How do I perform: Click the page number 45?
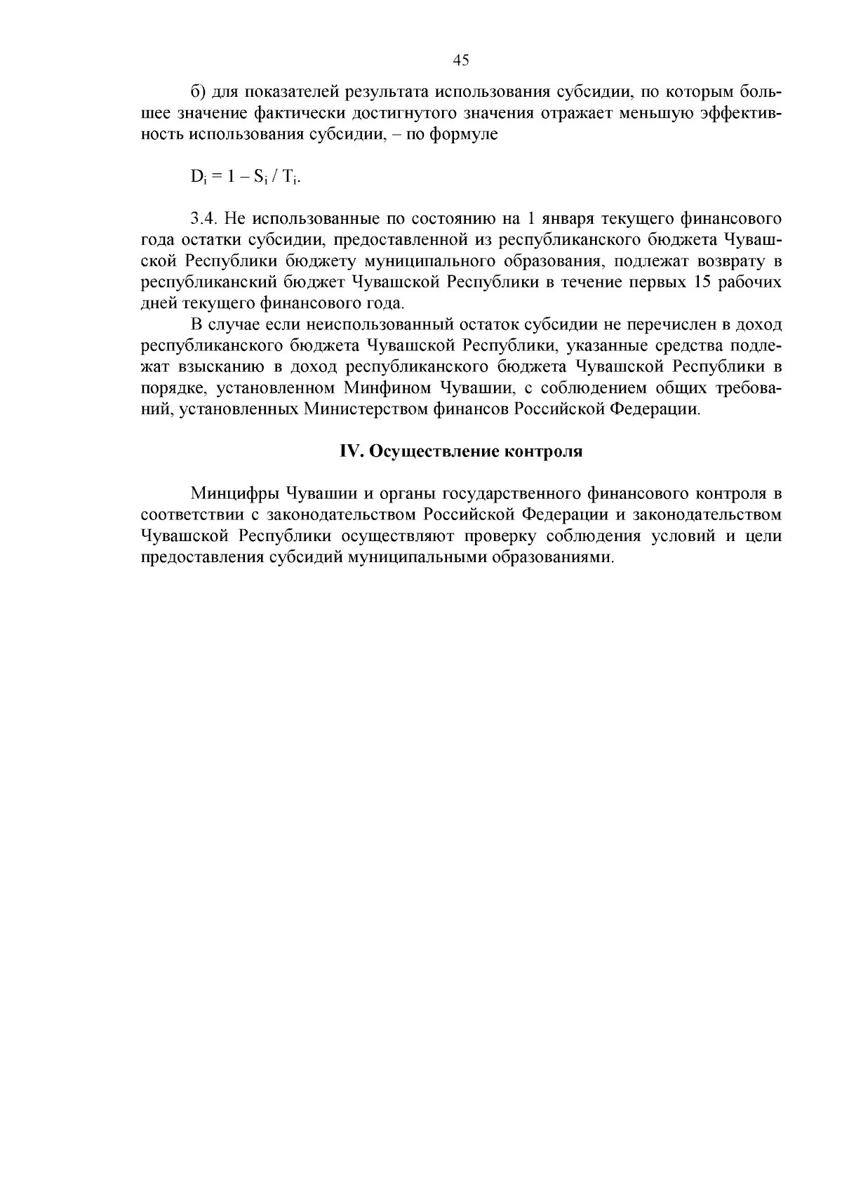(461, 60)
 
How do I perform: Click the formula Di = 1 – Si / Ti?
(246, 178)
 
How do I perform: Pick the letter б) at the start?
(197, 93)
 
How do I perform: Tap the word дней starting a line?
(160, 304)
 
